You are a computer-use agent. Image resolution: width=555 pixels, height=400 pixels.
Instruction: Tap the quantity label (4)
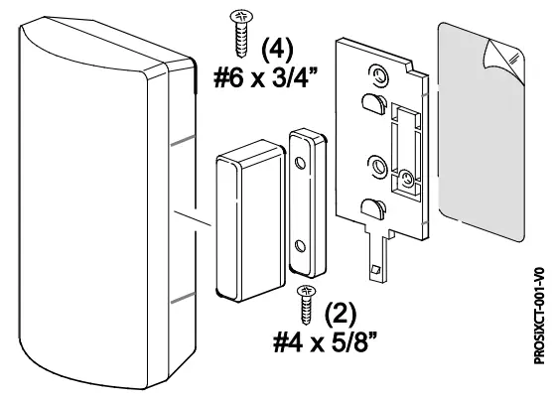click(x=277, y=49)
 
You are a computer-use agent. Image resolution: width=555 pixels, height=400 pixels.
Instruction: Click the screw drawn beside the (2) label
click(x=308, y=300)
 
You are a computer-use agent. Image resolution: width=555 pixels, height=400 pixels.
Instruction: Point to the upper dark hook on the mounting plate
click(x=368, y=103)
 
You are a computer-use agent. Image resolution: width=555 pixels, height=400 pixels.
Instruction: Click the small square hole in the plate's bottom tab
click(x=375, y=270)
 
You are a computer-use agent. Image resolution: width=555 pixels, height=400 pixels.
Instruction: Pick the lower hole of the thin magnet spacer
click(x=299, y=241)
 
